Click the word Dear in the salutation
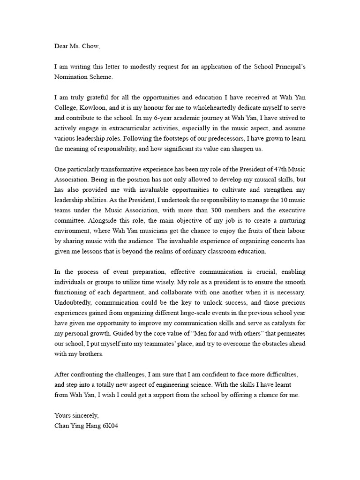62,46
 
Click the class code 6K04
109,425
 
